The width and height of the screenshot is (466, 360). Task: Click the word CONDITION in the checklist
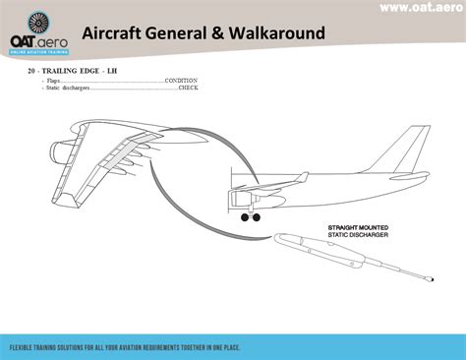click(x=182, y=80)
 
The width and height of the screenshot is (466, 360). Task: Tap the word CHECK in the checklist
click(x=188, y=88)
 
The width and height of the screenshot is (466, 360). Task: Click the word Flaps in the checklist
click(x=54, y=80)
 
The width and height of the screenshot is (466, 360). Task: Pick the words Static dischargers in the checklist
click(x=68, y=88)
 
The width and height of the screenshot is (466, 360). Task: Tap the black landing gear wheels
click(x=251, y=218)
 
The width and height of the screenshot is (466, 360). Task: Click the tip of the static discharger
click(x=431, y=281)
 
